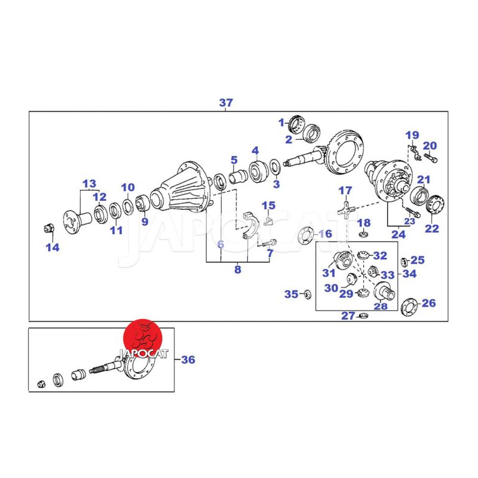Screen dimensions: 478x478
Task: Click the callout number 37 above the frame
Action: (226, 103)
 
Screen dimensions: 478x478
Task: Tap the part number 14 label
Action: (53, 247)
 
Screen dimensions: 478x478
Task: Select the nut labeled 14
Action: (49, 228)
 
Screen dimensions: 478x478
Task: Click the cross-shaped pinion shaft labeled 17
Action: (347, 210)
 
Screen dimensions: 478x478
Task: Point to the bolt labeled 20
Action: (431, 158)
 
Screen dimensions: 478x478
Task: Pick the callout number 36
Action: (188, 360)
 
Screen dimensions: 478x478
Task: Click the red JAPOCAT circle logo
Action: (142, 338)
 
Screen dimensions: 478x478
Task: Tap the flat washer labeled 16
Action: (306, 235)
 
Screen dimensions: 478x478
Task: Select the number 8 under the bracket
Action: (238, 269)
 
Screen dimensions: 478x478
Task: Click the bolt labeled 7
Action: (269, 243)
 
